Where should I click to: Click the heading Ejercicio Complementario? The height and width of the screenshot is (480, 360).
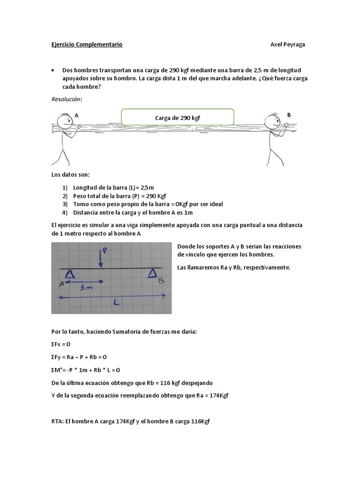click(87, 45)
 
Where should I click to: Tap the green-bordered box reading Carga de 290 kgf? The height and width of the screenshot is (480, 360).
click(177, 118)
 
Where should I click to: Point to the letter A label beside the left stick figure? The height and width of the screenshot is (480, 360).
click(76, 115)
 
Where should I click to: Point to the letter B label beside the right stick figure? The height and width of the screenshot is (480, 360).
click(289, 115)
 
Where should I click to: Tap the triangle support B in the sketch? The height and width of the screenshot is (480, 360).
click(152, 273)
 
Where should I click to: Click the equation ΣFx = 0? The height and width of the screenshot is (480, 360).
click(61, 344)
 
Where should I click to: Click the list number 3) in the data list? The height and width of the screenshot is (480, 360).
click(65, 204)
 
